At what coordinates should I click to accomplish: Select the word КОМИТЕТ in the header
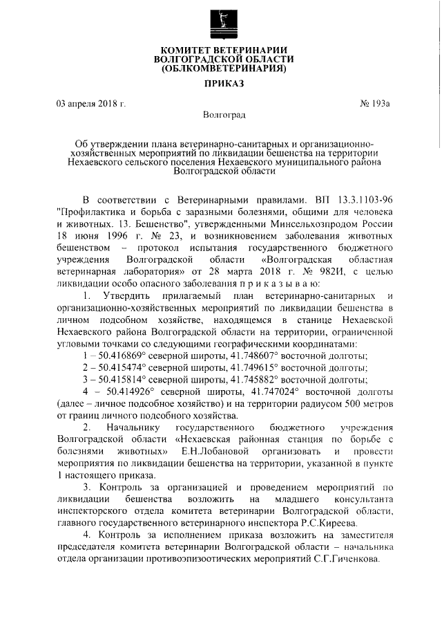click(189, 49)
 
